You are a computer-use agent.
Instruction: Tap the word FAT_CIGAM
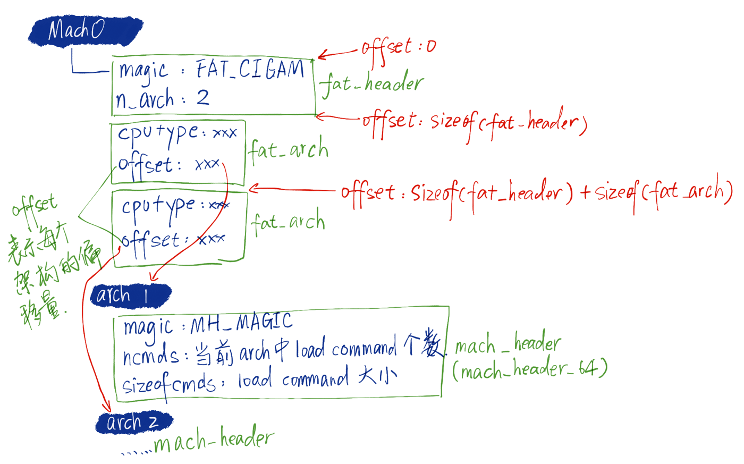click(x=250, y=70)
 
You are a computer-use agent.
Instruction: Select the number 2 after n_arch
click(x=202, y=98)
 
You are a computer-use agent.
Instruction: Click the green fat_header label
click(x=371, y=84)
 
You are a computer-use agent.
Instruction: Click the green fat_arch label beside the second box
click(x=289, y=222)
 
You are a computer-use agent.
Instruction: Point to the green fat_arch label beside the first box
click(x=289, y=150)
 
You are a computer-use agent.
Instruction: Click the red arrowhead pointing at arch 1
click(x=153, y=277)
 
